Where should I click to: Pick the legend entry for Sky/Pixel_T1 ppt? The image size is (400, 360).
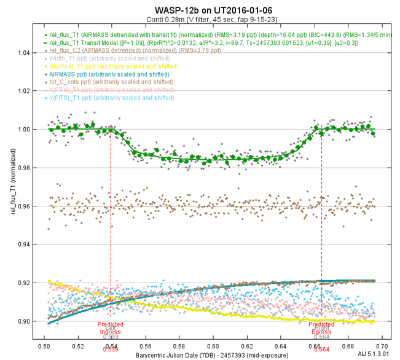[x=99, y=66]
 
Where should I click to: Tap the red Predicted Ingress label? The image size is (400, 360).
[x=111, y=328]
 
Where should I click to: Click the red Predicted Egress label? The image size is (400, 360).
[x=321, y=328]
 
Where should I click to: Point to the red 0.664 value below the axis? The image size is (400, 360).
[x=321, y=349]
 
